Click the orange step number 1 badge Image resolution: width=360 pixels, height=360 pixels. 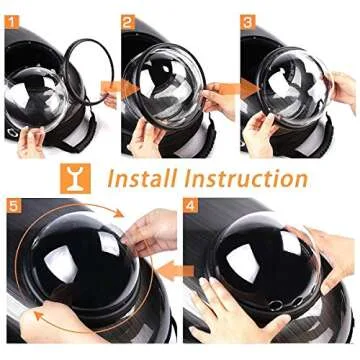click(12, 22)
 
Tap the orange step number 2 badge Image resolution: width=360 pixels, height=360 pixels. click(128, 22)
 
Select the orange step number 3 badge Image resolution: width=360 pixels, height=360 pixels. click(248, 22)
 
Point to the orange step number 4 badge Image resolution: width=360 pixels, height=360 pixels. click(190, 205)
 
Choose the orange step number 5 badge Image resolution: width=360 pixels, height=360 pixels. click(14, 205)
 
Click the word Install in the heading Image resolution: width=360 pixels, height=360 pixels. click(143, 178)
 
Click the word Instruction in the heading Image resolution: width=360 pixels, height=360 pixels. click(246, 178)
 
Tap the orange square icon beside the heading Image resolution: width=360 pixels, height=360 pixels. click(75, 178)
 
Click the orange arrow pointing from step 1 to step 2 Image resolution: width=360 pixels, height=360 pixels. click(120, 89)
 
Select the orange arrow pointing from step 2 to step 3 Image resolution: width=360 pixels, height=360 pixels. click(239, 89)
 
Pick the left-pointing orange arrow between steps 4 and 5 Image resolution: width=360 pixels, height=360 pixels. click(175, 270)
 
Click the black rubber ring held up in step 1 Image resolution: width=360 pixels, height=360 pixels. click(89, 72)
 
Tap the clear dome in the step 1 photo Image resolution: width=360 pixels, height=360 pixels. click(37, 97)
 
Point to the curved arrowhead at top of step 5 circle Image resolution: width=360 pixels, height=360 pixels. click(117, 213)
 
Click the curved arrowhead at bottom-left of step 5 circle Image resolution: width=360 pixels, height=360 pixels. click(40, 316)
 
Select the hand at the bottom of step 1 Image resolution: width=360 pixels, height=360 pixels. click(31, 142)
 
